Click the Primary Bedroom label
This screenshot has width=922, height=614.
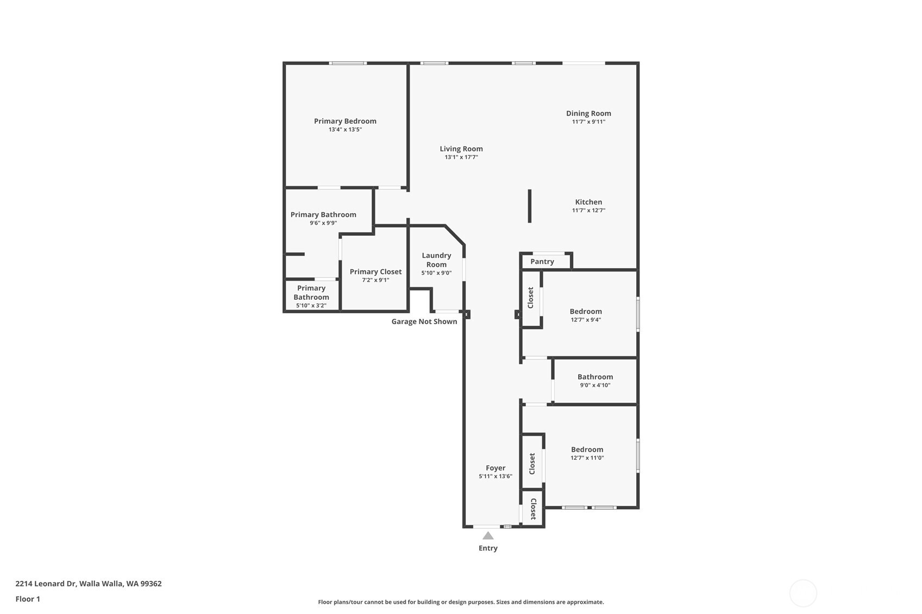[x=345, y=121]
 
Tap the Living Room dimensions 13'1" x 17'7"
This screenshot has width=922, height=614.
[x=461, y=157]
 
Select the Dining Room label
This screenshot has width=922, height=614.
[x=588, y=113]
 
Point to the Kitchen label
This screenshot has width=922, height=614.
[x=588, y=202]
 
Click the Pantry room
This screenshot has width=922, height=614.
[x=542, y=262]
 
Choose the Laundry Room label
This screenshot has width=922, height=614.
[x=436, y=260]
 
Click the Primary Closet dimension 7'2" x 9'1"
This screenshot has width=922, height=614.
[x=375, y=280]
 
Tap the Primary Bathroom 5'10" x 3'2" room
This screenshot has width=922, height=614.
[x=311, y=296]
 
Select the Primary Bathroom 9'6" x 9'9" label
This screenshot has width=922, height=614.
[x=323, y=214]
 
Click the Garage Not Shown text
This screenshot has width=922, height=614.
[x=424, y=321]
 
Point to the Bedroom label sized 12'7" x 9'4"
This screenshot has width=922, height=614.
[x=586, y=312]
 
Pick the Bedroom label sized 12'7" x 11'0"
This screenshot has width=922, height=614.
[x=587, y=450]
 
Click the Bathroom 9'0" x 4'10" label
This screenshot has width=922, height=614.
[x=595, y=377]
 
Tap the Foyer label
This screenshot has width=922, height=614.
[x=496, y=468]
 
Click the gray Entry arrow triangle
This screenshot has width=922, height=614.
[x=488, y=536]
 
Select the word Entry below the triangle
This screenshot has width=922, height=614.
[x=488, y=548]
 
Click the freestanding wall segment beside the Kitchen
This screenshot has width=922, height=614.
[x=530, y=206]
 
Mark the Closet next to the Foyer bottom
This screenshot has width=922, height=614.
[x=533, y=509]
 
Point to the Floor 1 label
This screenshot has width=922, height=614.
[x=28, y=599]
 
